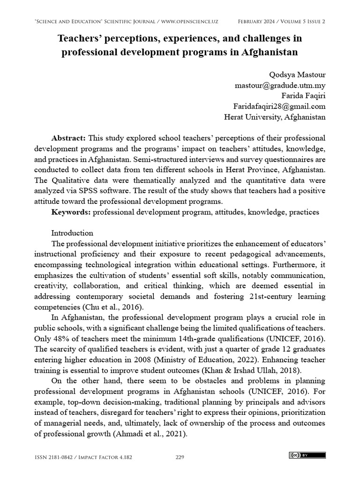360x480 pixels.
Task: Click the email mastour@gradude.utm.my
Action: (280, 85)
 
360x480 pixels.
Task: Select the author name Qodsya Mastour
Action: (297, 75)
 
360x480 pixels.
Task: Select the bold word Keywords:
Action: (71, 212)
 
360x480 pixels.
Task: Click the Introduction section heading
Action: (72, 233)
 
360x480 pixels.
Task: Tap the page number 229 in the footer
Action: (180, 457)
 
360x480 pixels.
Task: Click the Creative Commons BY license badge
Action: (307, 455)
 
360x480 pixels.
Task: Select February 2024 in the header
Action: (258, 22)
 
